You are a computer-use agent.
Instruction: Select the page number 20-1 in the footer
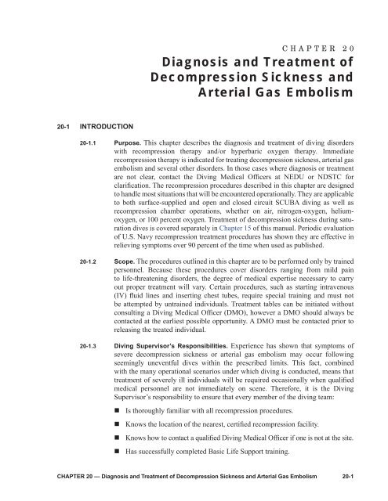tap(368, 484)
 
